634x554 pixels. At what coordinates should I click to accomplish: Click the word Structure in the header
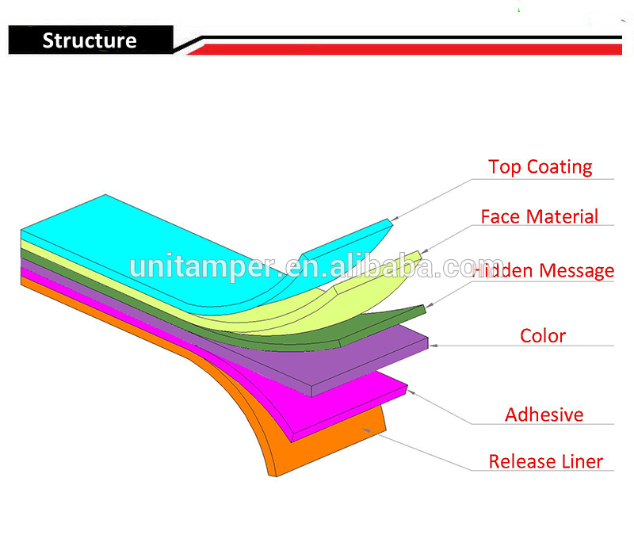(x=90, y=40)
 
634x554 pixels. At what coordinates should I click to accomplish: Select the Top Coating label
(x=540, y=167)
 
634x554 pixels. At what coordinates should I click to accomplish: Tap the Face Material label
(x=540, y=216)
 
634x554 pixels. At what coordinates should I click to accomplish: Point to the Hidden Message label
(x=543, y=270)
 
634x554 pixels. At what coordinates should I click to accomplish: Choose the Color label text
(x=543, y=336)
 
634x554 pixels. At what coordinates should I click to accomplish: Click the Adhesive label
(x=544, y=415)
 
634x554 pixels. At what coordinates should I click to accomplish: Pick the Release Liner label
(x=546, y=461)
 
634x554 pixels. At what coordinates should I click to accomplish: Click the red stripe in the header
(x=404, y=49)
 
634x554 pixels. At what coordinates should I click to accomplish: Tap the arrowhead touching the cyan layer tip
(x=395, y=219)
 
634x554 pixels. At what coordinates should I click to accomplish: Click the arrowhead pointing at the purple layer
(x=433, y=346)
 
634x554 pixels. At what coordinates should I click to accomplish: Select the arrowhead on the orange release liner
(x=366, y=430)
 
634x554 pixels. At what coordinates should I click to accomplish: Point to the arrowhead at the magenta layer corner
(x=411, y=392)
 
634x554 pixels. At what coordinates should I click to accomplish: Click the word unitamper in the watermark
(x=206, y=267)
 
